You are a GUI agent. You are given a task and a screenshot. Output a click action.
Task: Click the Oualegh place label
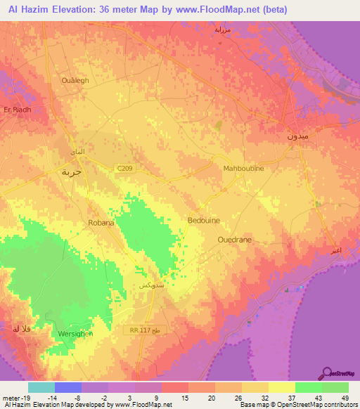click(77, 80)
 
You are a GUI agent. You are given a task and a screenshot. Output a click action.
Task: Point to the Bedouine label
click(203, 220)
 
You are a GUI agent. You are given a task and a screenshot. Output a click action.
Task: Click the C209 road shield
click(124, 167)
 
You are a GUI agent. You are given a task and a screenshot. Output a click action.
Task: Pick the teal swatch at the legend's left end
click(41, 387)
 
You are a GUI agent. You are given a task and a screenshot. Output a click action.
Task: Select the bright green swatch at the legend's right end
click(335, 387)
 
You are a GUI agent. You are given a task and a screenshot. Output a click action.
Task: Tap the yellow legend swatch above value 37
click(281, 387)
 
